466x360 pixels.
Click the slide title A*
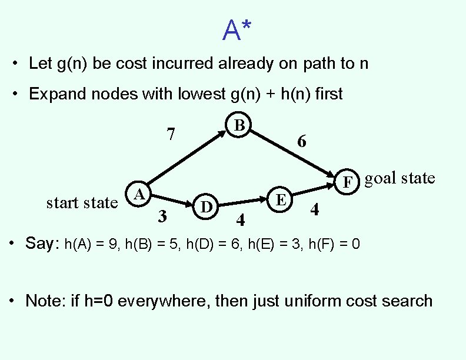tap(238, 30)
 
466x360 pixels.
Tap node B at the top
tap(238, 126)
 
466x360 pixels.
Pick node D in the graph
tap(206, 206)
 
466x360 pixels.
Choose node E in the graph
tap(281, 199)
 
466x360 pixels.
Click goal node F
tap(348, 181)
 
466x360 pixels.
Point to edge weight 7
tap(170, 135)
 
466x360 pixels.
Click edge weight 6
tap(301, 142)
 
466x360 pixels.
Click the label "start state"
tap(82, 203)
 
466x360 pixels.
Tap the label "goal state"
tap(400, 178)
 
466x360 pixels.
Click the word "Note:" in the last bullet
tap(45, 301)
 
